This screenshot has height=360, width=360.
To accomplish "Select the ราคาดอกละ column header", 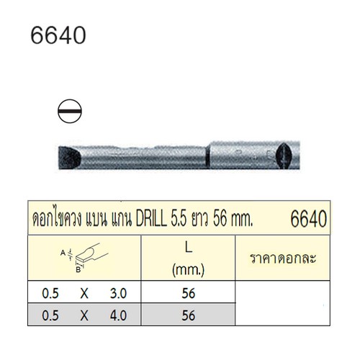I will tap(283, 256).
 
